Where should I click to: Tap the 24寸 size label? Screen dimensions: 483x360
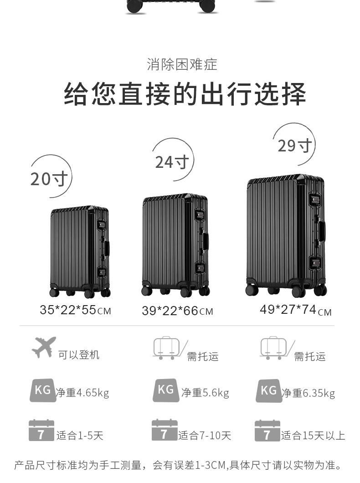click(x=172, y=162)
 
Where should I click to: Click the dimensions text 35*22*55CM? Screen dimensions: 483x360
click(x=75, y=311)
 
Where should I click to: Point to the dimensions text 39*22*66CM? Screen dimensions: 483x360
click(x=177, y=312)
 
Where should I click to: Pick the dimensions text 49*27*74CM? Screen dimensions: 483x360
click(x=295, y=310)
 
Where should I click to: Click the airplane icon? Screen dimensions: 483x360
click(x=44, y=347)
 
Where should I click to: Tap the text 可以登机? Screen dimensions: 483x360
click(x=78, y=355)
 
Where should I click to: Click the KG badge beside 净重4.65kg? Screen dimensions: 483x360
click(x=43, y=390)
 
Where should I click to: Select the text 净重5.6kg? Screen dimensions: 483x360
click(x=205, y=393)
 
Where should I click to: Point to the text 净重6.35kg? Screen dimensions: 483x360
click(x=308, y=393)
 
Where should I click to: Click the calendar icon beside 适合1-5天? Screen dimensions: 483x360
click(x=41, y=431)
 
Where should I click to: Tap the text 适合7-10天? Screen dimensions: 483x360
click(x=205, y=436)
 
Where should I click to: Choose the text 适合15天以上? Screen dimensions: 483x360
click(x=313, y=436)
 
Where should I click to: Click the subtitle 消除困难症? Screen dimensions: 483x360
click(x=182, y=64)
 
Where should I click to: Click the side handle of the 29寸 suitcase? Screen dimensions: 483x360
click(x=322, y=231)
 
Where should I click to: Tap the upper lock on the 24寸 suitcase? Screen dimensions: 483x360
click(x=199, y=216)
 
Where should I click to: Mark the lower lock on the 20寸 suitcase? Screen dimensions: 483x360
click(x=102, y=273)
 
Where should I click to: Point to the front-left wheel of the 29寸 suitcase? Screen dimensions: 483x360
click(x=252, y=290)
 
